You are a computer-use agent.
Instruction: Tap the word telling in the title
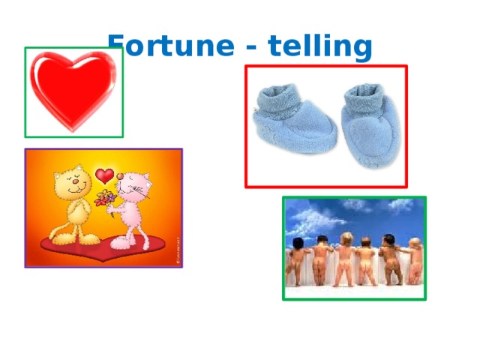pos(322,47)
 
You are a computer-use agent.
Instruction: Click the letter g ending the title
pos(361,49)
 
